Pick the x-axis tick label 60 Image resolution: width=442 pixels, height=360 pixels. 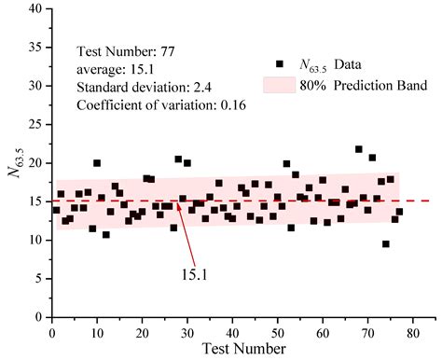322,330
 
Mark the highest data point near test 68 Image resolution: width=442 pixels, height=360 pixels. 359,149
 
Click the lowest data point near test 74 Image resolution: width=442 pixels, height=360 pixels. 385,244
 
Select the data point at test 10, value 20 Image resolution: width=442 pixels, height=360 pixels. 97,163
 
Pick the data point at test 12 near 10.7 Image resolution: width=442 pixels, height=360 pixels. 106,235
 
